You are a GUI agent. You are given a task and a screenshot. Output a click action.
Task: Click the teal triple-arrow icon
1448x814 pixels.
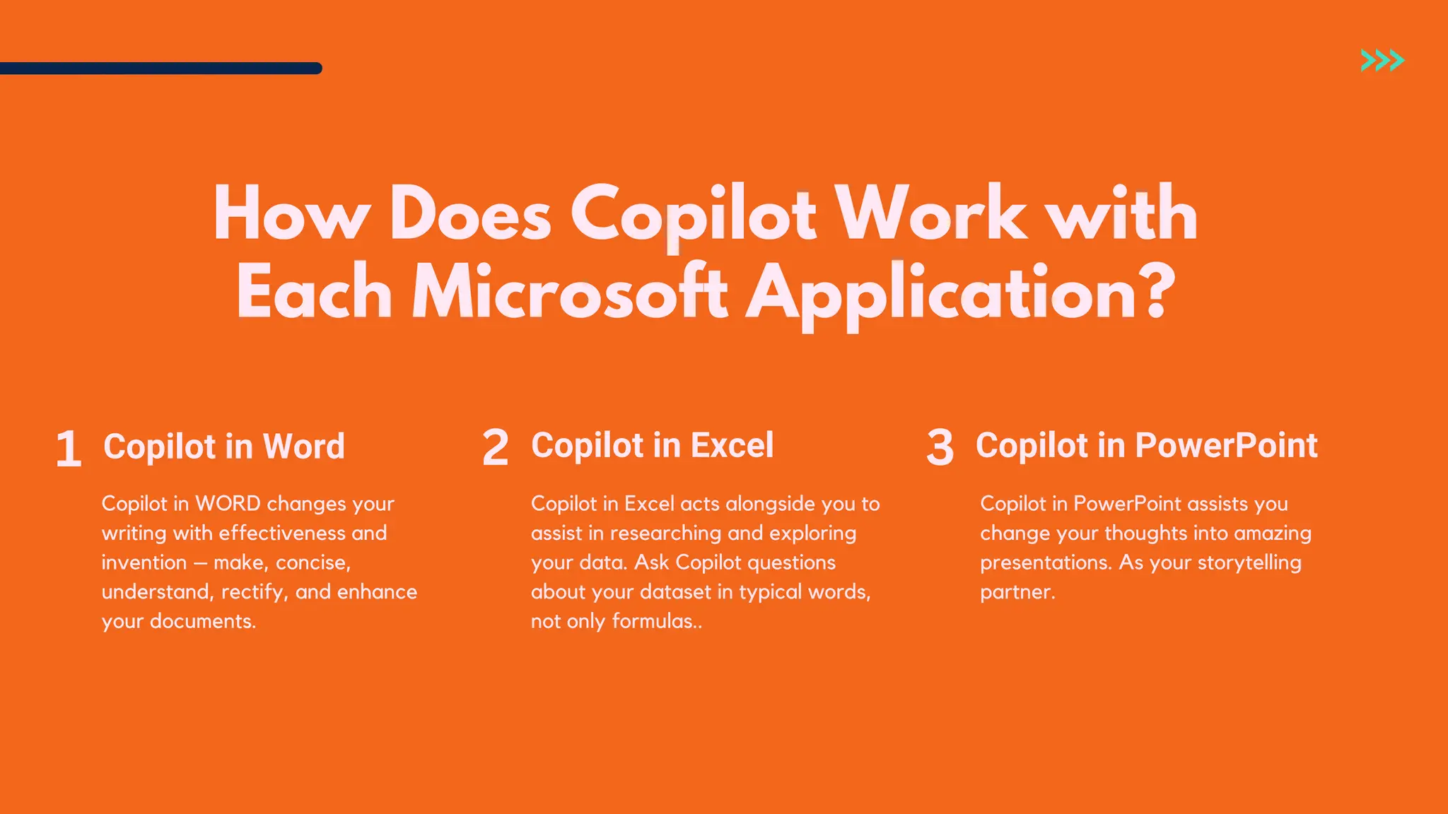[x=1382, y=61]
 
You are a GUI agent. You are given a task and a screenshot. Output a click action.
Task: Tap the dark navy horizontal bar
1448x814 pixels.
[x=160, y=69]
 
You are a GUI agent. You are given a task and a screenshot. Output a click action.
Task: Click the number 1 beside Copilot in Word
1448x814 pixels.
[x=69, y=449]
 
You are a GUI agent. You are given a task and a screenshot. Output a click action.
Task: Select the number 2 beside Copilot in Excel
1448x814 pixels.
[x=495, y=447]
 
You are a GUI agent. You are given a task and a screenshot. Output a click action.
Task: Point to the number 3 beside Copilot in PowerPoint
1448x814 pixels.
[x=940, y=447]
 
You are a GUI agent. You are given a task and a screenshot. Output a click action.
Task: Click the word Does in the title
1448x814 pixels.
[x=470, y=214]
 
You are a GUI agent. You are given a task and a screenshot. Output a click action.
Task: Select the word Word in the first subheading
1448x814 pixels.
[x=303, y=447]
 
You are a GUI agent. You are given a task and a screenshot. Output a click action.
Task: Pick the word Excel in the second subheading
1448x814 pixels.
[x=732, y=446]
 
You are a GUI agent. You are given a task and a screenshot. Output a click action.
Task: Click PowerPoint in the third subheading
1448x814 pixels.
[x=1226, y=446]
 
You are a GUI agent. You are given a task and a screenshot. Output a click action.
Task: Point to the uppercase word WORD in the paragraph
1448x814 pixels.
[x=228, y=504]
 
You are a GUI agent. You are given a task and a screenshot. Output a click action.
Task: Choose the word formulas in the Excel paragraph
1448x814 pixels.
[x=654, y=622]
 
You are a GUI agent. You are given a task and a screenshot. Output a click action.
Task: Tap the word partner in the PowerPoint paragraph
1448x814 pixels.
[x=1015, y=592]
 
